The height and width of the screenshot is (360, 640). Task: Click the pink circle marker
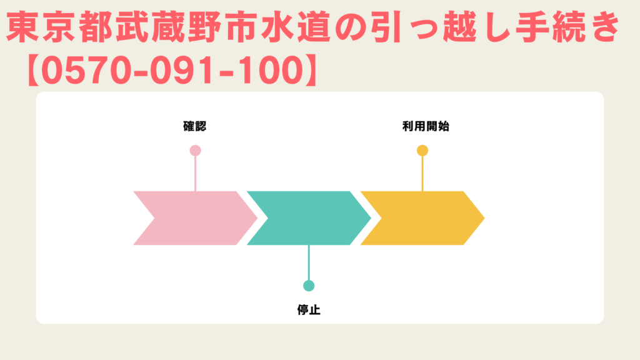pos(195,151)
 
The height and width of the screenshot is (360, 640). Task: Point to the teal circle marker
pos(309,286)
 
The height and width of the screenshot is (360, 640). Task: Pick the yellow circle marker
pos(422,151)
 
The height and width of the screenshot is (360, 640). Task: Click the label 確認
pos(194,126)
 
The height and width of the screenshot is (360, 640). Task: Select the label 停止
pos(309,310)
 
